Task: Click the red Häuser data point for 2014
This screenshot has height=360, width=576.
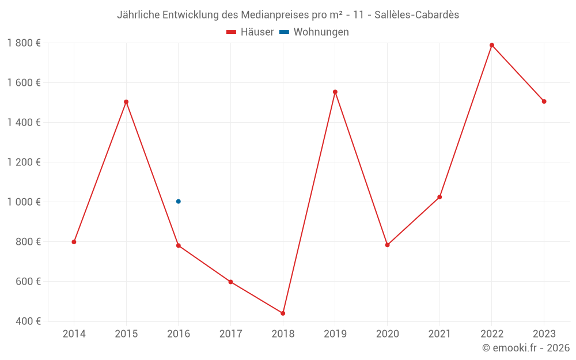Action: click(74, 242)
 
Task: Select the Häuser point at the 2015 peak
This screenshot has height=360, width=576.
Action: click(126, 102)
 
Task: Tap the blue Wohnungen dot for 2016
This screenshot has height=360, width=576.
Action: click(179, 202)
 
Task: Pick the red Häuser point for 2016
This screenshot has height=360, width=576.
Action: click(179, 245)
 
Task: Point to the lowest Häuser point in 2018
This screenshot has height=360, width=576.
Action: click(283, 313)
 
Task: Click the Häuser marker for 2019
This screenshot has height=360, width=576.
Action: click(335, 92)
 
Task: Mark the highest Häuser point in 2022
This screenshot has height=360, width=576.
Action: click(492, 45)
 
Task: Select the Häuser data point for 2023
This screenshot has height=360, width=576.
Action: click(544, 101)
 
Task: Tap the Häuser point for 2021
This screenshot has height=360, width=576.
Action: click(439, 197)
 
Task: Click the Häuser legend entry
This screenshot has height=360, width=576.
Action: click(251, 32)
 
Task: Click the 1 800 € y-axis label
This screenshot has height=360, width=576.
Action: click(24, 43)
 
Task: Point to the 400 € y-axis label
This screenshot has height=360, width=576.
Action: click(29, 321)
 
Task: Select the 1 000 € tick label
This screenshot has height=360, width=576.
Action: click(24, 202)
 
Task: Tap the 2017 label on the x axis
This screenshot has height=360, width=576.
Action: click(230, 334)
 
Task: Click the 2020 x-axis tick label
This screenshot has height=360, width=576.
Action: click(387, 334)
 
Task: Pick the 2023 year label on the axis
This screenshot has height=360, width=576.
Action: click(544, 334)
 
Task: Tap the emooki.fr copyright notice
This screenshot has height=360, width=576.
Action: click(526, 348)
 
